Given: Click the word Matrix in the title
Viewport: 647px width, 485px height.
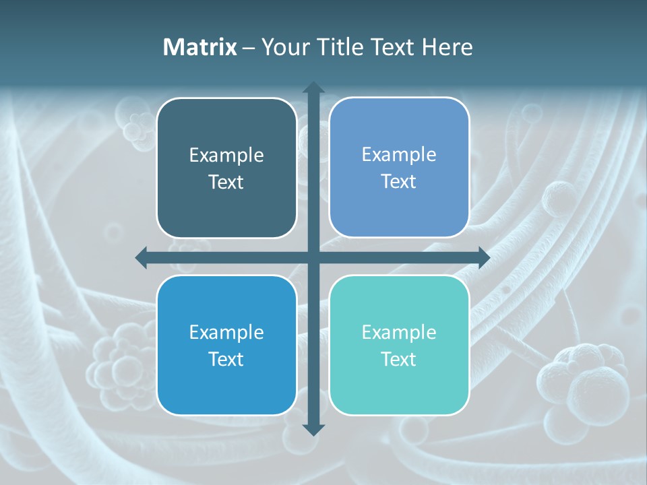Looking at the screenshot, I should click(x=200, y=47).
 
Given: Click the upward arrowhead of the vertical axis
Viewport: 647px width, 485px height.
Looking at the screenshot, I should click(x=313, y=88).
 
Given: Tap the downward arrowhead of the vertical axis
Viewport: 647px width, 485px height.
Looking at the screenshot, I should click(x=313, y=429).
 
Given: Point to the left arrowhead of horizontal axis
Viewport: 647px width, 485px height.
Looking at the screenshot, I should click(x=142, y=257).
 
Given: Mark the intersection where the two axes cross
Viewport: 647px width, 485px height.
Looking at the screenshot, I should click(x=313, y=257).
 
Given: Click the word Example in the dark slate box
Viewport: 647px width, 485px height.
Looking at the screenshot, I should click(x=226, y=156).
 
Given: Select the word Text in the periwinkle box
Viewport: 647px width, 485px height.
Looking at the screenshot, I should click(x=399, y=181).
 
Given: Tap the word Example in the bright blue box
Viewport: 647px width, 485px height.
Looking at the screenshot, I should click(x=226, y=332).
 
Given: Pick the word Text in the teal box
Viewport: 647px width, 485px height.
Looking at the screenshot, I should click(x=399, y=359).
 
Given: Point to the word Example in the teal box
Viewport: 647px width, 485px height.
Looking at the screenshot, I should click(x=399, y=332).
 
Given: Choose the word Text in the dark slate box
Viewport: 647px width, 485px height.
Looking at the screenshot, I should click(x=226, y=182).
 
